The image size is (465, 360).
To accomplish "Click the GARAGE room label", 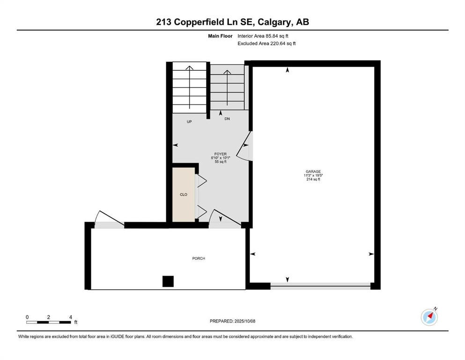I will coord(314,172).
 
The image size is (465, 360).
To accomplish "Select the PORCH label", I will coord(199,258).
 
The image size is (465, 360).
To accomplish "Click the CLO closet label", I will coord(184,194).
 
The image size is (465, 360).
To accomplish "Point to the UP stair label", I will coord(190,121).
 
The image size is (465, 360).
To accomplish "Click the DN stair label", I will coord(227,119).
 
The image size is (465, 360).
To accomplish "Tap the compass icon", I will coord(429,317).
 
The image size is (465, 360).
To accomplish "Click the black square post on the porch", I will coord(168,281).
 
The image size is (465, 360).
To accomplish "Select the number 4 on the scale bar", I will coord(70,317).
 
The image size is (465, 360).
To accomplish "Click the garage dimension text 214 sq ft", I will coord(314,180).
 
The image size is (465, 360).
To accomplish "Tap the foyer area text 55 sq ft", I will coord(220,162).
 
